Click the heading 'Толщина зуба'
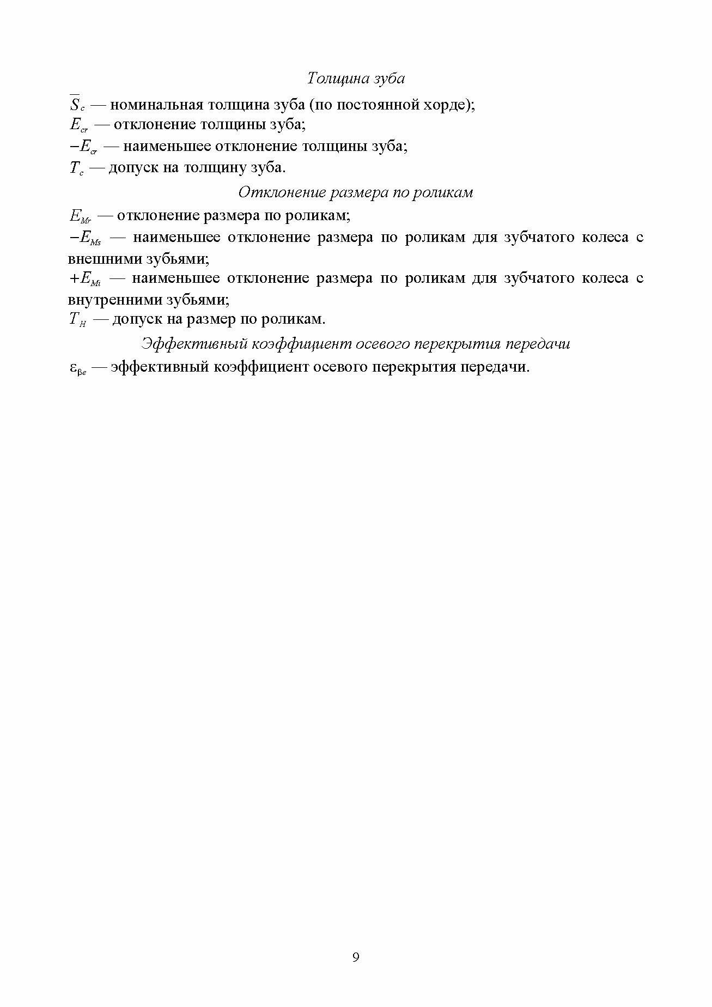(x=356, y=78)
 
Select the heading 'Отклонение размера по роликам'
(x=356, y=192)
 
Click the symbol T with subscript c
(x=76, y=168)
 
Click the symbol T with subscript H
(x=78, y=320)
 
